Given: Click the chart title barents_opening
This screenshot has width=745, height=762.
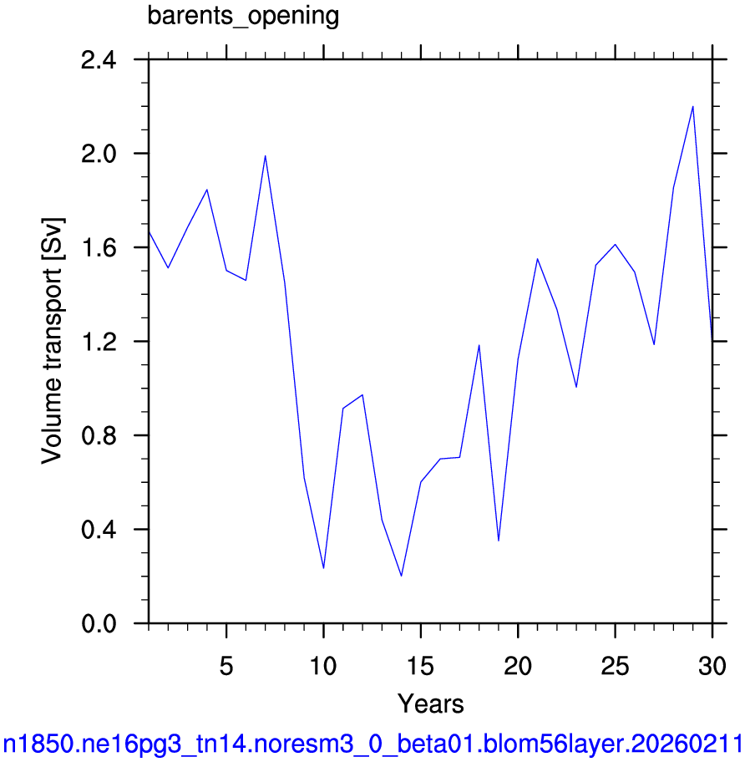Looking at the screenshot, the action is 243,16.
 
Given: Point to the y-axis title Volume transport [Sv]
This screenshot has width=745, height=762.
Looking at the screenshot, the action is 53,341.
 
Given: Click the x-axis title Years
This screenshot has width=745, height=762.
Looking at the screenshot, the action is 430,704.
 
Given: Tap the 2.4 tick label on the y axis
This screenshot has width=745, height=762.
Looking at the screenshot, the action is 99,61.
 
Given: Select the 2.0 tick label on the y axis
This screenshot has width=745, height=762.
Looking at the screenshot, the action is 99,155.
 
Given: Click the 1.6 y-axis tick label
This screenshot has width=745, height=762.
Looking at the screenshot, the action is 99,248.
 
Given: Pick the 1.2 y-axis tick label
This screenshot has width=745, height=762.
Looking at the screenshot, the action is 99,343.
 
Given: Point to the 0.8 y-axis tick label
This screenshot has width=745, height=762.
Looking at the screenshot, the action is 99,436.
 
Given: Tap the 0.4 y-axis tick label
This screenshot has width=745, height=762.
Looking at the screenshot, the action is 99,531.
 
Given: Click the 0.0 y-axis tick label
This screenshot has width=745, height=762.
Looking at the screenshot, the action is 99,624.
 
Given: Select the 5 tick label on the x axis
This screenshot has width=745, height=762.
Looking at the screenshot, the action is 226,666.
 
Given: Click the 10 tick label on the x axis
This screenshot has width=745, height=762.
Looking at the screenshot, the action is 323,666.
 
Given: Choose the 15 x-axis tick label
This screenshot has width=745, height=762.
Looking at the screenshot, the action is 421,666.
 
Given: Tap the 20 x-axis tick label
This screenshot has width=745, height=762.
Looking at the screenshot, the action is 518,666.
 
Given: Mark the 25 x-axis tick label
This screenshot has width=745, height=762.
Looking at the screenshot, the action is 615,666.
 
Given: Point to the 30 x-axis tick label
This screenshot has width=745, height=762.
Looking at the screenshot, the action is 712,666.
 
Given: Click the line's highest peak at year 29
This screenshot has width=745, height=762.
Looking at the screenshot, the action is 693,106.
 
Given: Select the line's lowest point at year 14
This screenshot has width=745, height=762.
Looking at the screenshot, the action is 401,576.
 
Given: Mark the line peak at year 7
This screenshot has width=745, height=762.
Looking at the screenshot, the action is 265,156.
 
